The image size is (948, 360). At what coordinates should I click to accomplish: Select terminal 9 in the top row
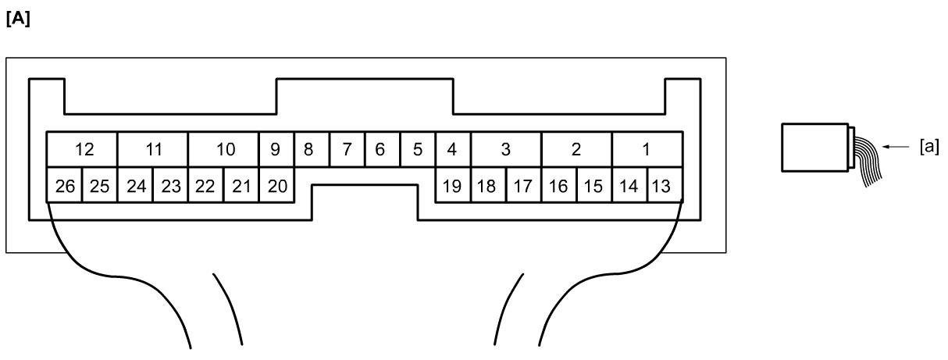[x=276, y=149]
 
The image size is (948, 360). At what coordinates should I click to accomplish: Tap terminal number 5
[x=417, y=149]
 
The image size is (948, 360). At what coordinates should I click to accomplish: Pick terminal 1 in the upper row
[x=646, y=149]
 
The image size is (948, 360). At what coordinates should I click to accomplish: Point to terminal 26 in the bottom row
[x=65, y=186]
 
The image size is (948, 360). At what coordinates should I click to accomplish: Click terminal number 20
[x=276, y=186]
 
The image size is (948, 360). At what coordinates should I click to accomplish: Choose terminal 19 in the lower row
[x=451, y=186]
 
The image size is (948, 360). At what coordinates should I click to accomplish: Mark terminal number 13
[x=661, y=186]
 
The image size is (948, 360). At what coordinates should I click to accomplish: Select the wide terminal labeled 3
[x=505, y=149]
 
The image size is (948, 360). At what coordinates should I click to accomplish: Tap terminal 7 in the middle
[x=347, y=149]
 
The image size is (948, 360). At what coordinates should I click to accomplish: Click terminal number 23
[x=170, y=186]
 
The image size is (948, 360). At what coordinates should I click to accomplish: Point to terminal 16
[x=558, y=186]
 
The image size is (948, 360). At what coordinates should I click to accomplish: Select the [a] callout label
[x=929, y=145]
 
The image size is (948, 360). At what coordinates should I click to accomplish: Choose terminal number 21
[x=241, y=186]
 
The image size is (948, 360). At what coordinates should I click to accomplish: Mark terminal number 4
[x=451, y=149]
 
